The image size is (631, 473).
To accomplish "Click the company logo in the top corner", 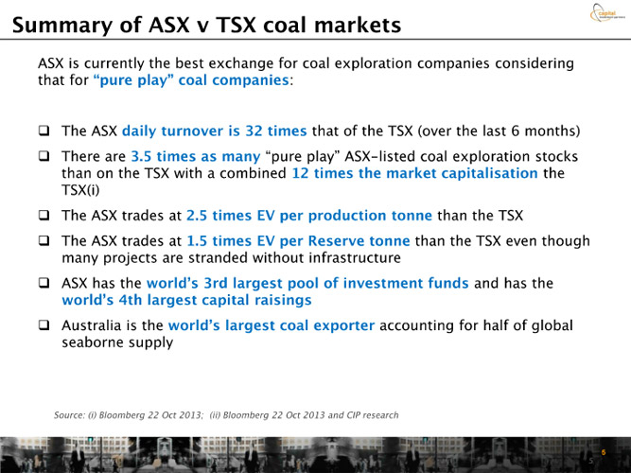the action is click(x=606, y=12).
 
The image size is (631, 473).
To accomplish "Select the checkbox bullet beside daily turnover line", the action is click(x=44, y=131).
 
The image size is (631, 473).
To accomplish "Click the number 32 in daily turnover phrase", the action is click(x=254, y=131).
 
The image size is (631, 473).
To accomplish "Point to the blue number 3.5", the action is click(x=141, y=156).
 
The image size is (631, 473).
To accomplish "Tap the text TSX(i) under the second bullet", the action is click(x=80, y=190).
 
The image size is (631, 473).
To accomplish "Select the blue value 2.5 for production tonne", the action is click(x=197, y=216).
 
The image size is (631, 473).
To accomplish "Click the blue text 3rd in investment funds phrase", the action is click(x=216, y=283).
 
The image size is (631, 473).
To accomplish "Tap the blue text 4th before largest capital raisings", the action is click(x=131, y=300).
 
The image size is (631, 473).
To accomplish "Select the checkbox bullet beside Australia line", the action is click(x=44, y=324).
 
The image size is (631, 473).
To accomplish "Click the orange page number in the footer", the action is click(x=604, y=452).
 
